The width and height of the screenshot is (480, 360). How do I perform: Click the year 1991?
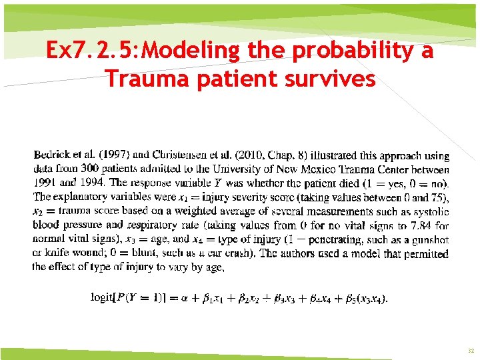[x=44, y=183]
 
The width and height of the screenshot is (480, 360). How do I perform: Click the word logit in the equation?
[x=102, y=297]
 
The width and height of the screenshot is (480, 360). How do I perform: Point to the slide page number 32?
[x=470, y=350]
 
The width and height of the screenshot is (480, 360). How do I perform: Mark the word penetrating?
[x=359, y=239]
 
